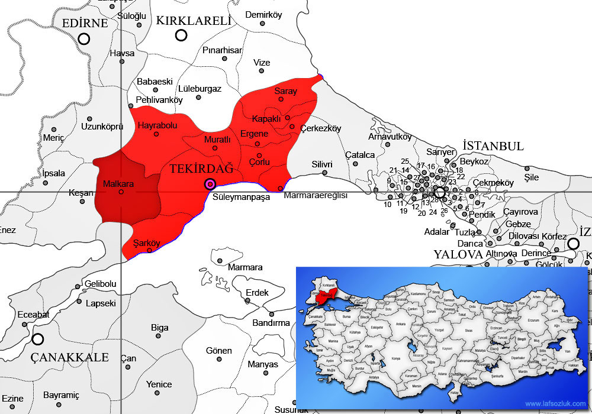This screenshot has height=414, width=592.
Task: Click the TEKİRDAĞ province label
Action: pyautogui.click(x=201, y=169)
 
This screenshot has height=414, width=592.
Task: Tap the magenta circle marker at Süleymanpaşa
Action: pyautogui.click(x=210, y=184)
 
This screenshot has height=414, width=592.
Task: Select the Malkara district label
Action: pyautogui.click(x=118, y=184)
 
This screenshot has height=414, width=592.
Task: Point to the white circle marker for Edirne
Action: pyautogui.click(x=84, y=39)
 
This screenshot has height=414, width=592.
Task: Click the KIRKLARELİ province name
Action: pyautogui.click(x=193, y=21)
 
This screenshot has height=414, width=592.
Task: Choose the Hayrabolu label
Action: pyautogui.click(x=157, y=125)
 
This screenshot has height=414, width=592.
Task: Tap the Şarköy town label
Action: pyautogui.click(x=147, y=242)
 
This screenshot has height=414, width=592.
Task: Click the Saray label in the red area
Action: pyautogui.click(x=285, y=91)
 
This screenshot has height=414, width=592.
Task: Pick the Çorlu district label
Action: pyautogui.click(x=259, y=162)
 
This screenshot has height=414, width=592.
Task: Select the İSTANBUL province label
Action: pyautogui.click(x=493, y=146)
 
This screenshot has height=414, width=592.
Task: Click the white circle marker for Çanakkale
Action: pyautogui.click(x=38, y=339)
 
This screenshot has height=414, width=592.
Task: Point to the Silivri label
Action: pyautogui.click(x=322, y=164)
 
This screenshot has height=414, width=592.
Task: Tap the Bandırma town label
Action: pyautogui.click(x=271, y=323)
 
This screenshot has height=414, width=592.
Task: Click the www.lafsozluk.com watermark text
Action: pyautogui.click(x=554, y=404)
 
